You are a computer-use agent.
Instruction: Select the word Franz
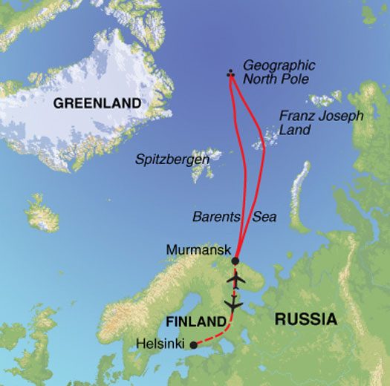coord(296,115)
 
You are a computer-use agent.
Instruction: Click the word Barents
coord(215,217)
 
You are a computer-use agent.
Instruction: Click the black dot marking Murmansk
coord(235,261)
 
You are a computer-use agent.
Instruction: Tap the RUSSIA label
coord(305,320)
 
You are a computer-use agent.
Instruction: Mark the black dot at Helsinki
coord(194,344)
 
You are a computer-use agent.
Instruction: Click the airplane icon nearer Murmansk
coord(237,281)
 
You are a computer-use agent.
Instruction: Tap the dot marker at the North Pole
coord(230,73)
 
